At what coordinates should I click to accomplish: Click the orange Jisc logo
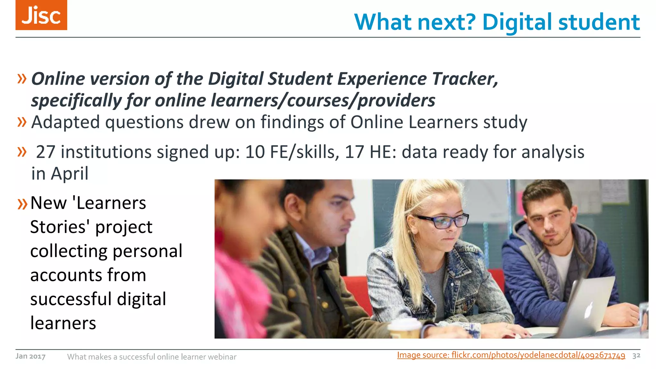(x=41, y=15)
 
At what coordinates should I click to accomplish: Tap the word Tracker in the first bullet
(x=465, y=79)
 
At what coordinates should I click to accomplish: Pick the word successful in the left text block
(x=71, y=299)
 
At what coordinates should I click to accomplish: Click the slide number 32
(x=636, y=356)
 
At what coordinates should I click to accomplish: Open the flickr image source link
(x=511, y=355)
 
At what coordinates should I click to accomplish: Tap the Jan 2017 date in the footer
(x=30, y=356)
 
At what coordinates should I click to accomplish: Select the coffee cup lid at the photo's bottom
(x=404, y=324)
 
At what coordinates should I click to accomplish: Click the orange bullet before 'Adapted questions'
(x=22, y=122)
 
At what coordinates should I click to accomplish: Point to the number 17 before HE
(x=354, y=152)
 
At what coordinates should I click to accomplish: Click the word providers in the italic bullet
(x=396, y=101)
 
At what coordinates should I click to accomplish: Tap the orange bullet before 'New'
(x=22, y=204)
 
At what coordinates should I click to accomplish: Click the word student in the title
(x=599, y=22)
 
